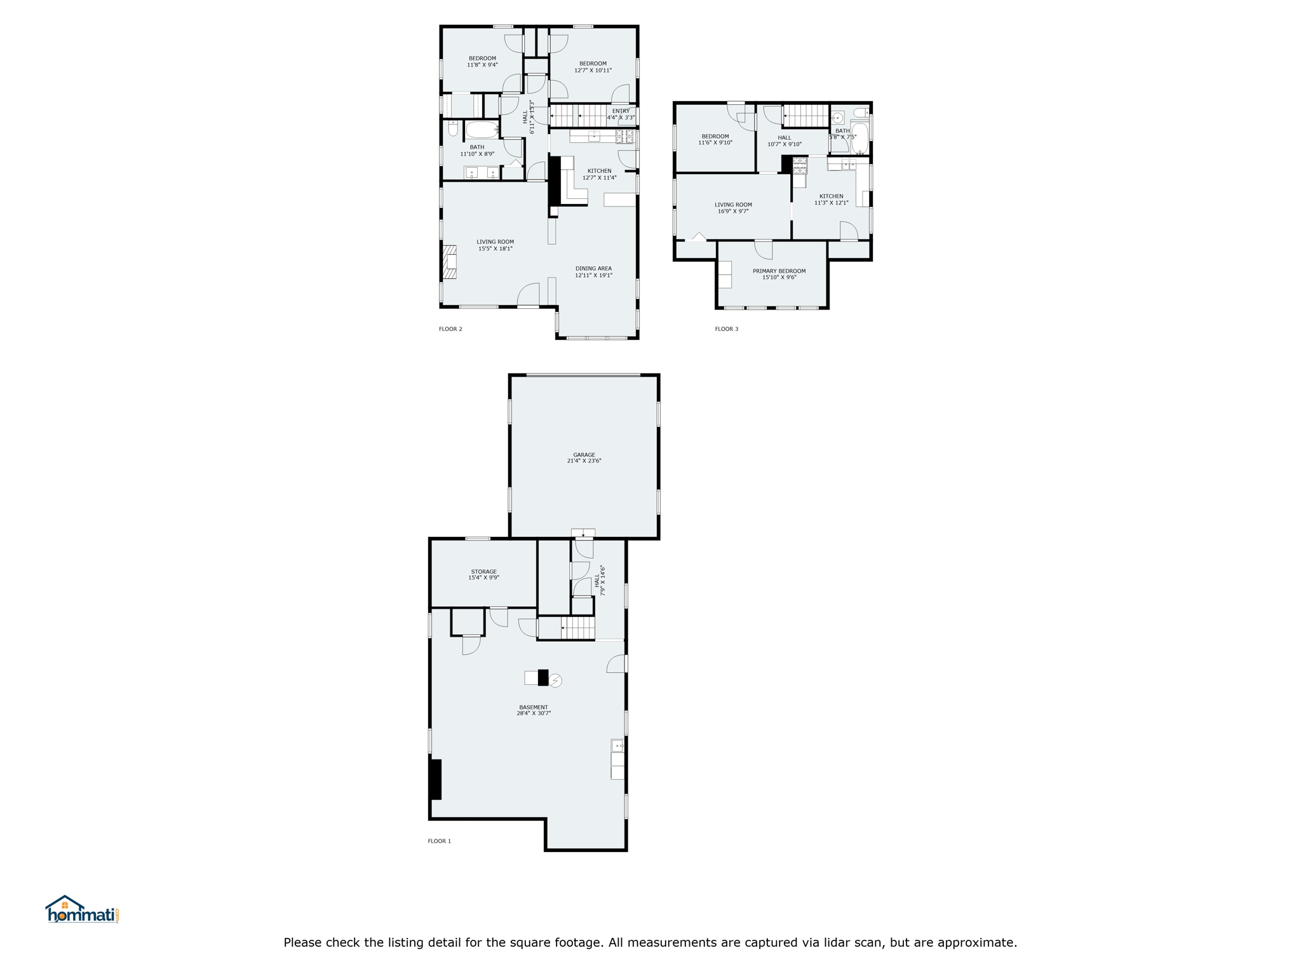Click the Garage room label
pos(584,455)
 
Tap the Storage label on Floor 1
pos(483,571)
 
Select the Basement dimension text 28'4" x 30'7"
pos(534,714)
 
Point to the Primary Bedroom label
pos(779,271)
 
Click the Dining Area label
pos(593,269)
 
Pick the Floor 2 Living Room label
pos(495,242)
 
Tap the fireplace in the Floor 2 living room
pos(450,262)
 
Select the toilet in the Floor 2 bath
pos(453,128)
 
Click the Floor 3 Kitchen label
pos(831,196)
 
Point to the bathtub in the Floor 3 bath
pos(859,139)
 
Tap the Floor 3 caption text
pos(727,329)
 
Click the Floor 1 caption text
pos(439,841)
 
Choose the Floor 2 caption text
pos(450,329)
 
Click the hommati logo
pos(82,909)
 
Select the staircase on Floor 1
pos(577,628)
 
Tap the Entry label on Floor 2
pos(621,111)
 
